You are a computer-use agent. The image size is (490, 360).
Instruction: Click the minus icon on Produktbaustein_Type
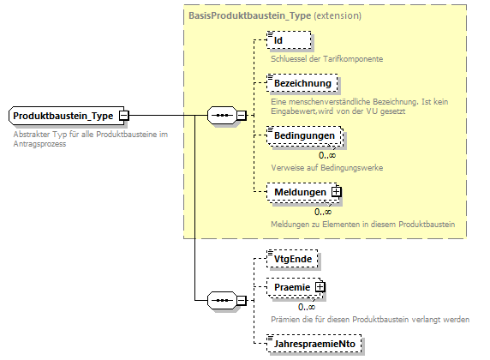coord(124,115)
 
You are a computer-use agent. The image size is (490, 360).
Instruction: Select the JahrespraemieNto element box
coord(314,344)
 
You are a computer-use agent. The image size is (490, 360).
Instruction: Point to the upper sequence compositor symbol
coord(221,115)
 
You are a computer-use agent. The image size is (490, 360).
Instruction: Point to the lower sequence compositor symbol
coord(221,300)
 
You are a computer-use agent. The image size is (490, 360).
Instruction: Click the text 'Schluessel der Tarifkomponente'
coord(326,58)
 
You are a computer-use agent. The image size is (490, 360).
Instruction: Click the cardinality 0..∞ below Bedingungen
coord(327,155)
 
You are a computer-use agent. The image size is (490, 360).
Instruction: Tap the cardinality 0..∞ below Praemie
coord(307,306)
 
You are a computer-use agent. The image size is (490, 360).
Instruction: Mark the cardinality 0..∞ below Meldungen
coord(322,212)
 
